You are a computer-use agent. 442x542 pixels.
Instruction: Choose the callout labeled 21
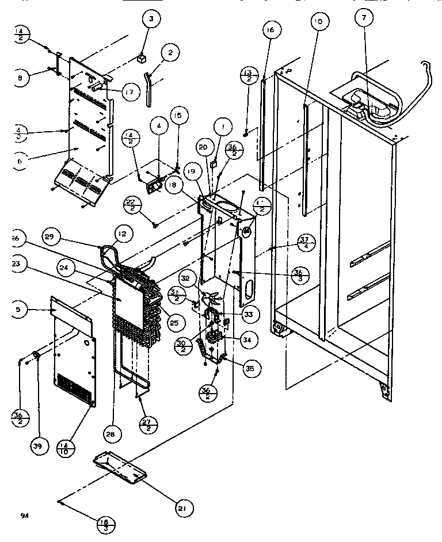point(184,507)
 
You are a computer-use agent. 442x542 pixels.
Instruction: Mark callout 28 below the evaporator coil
point(111,436)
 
